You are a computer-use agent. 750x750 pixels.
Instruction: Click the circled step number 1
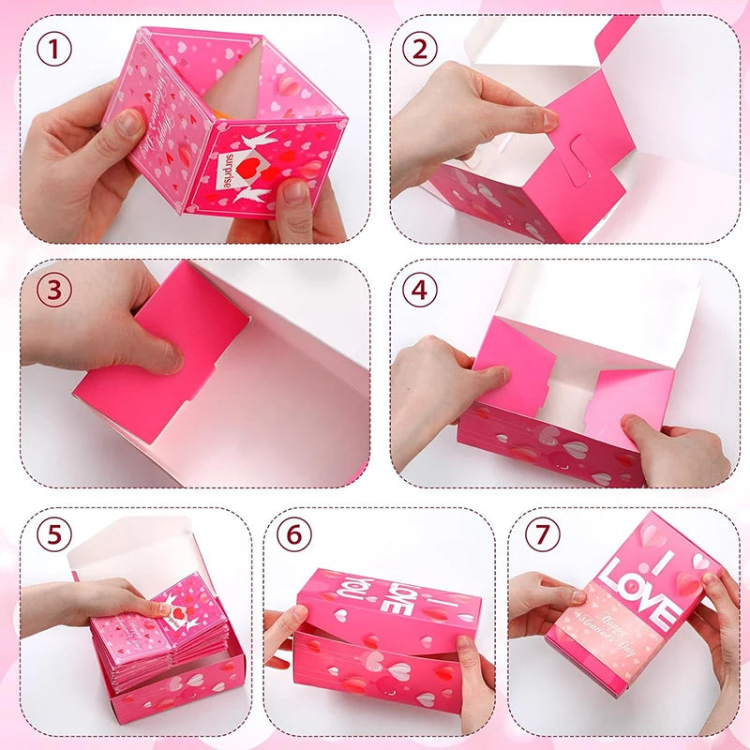click(x=55, y=48)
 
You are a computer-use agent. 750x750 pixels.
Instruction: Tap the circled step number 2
click(x=421, y=48)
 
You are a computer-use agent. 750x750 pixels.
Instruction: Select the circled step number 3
click(x=55, y=289)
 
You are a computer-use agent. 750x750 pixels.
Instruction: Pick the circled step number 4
click(x=421, y=289)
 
